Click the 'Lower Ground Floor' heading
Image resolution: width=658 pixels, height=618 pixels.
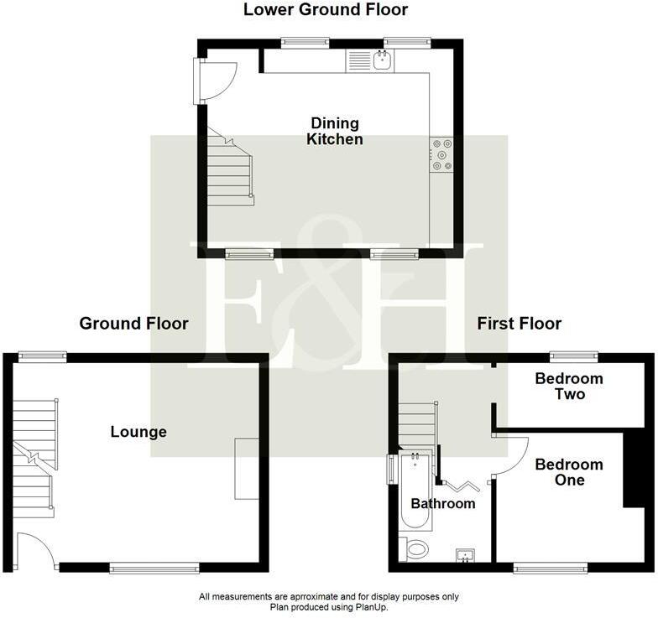326,10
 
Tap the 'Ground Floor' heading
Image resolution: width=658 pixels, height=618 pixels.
133,323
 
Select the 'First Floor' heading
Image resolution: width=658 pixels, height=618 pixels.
519,323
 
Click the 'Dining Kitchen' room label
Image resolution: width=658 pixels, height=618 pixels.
335,132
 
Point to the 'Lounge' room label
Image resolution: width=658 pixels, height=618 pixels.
138,432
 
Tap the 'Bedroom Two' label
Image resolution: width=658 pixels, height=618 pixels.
569,386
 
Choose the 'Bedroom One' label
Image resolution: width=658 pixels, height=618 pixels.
569,472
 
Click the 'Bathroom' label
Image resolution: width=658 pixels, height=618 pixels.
442,503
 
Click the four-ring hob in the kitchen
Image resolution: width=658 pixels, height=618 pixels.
441,155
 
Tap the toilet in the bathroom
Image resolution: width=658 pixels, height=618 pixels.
414,549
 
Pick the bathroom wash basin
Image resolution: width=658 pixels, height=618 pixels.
465,554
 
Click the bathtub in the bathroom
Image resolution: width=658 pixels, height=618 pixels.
415,491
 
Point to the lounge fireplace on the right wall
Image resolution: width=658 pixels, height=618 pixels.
247,468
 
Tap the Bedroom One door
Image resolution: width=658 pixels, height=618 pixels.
509,457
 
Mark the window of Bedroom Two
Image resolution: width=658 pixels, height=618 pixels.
574,356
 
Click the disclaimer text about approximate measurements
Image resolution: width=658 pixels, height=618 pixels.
328,597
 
